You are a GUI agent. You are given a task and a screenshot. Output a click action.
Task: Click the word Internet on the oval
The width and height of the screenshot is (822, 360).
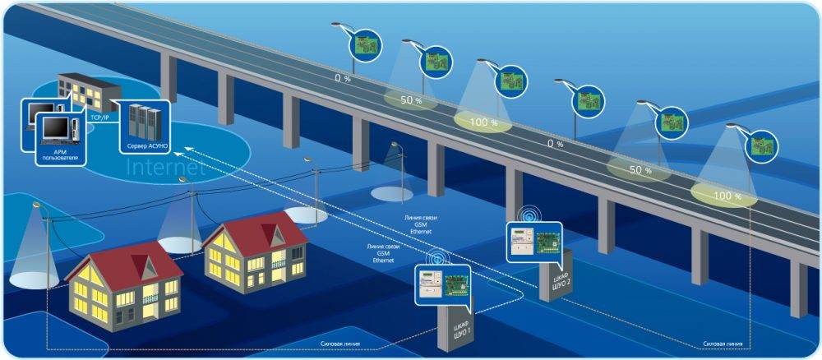pos(165,168)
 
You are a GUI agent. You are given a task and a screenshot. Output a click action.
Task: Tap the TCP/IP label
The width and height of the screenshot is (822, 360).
pos(101,118)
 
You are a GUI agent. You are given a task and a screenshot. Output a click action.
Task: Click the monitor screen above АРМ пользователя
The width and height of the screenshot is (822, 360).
pos(55,127)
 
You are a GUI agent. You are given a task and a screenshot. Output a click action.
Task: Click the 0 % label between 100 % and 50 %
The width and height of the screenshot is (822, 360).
pos(556,144)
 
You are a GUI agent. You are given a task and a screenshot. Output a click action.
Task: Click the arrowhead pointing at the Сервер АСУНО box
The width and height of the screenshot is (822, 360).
pos(185,147)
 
